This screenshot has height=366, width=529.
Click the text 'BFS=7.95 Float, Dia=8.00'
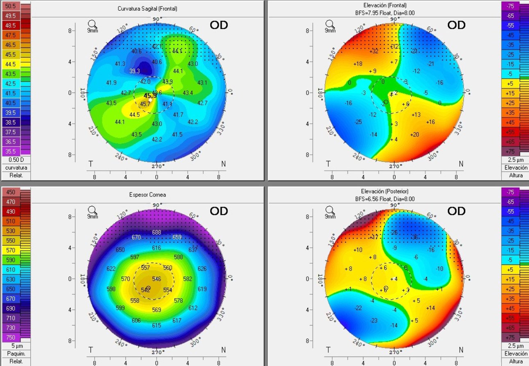pos(385,13)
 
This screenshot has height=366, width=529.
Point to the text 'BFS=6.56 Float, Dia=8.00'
pos(385,199)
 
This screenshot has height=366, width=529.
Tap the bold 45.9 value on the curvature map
pos(150,96)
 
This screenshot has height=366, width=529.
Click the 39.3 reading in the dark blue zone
pos(135,71)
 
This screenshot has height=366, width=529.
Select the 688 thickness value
pos(157,232)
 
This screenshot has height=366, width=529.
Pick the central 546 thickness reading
pos(157,279)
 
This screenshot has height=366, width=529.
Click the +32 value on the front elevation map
pos(374,51)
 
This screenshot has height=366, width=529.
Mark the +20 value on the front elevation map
pos(414,135)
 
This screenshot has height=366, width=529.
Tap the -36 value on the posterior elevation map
pos(414,237)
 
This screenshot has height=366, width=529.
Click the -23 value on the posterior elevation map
pos(373,321)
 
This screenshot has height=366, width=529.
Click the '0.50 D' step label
pos(15,160)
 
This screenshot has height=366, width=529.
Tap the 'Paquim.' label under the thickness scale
pos(15,353)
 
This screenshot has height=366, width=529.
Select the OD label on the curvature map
pos(219,25)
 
